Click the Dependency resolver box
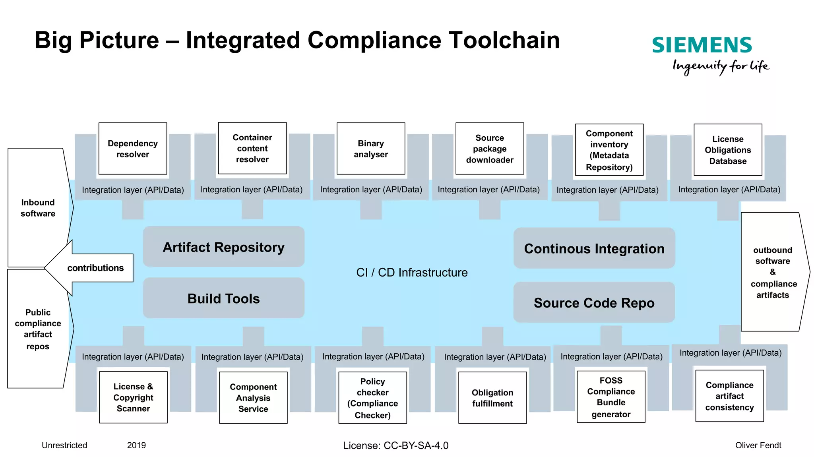click(132, 149)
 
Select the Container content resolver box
click(252, 148)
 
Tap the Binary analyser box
click(370, 149)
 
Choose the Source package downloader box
click(489, 149)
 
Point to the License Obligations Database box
click(727, 150)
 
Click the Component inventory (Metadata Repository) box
click(609, 150)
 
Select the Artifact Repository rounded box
click(223, 247)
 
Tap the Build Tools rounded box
click(223, 298)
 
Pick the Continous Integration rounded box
click(594, 248)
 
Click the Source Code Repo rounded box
click(594, 302)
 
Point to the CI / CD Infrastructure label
click(411, 272)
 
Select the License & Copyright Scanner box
click(133, 397)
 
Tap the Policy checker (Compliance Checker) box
click(372, 398)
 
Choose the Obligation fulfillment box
click(492, 398)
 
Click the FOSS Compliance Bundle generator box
click(610, 397)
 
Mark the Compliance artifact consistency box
click(729, 396)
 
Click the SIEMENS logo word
click(702, 45)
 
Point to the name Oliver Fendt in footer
click(758, 445)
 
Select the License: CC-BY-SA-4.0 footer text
click(395, 445)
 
